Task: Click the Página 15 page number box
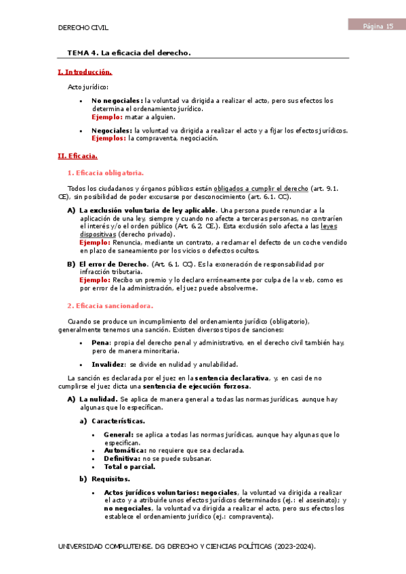[376, 26]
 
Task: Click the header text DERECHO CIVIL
[83, 28]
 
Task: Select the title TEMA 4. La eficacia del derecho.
[129, 52]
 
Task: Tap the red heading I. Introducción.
[85, 72]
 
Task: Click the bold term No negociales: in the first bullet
[117, 101]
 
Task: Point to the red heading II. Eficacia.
[77, 156]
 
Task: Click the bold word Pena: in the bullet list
[102, 344]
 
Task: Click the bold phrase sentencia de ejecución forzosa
[193, 387]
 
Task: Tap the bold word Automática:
[125, 450]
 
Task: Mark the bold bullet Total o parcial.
[129, 466]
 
